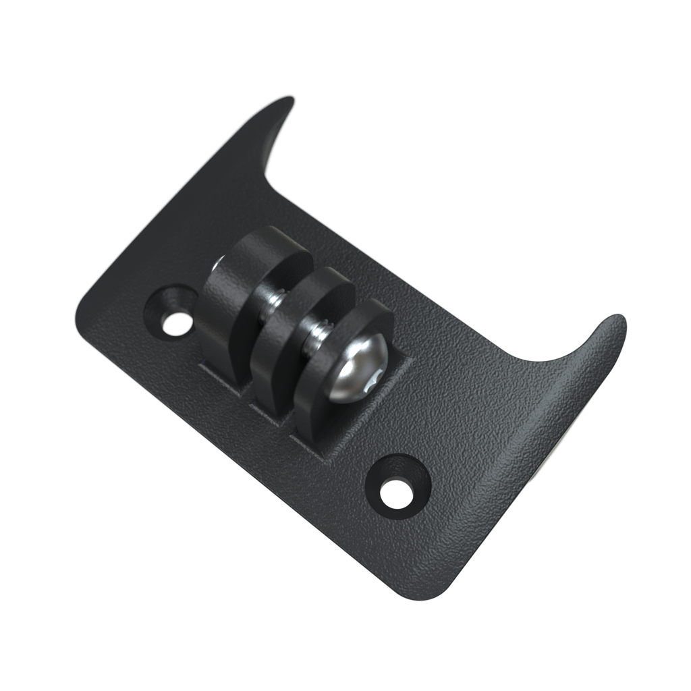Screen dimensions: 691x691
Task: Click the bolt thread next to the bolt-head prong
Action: (316, 333)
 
